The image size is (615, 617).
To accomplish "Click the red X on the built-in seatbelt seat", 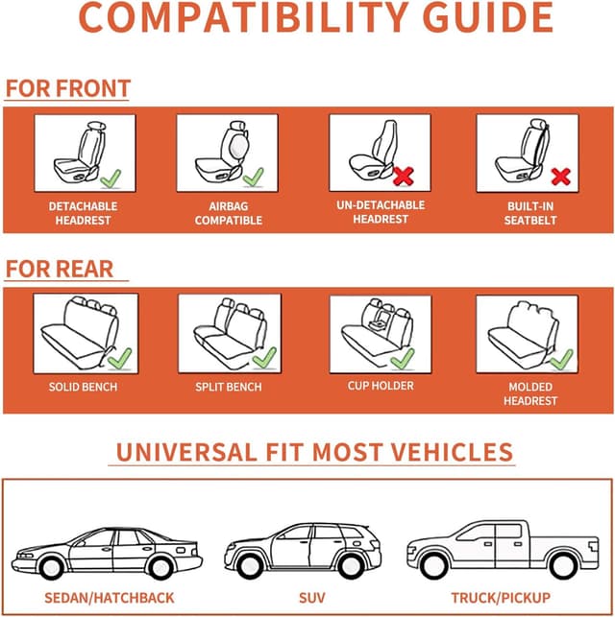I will pyautogui.click(x=560, y=177).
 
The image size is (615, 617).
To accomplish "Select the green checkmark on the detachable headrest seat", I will pyautogui.click(x=110, y=178).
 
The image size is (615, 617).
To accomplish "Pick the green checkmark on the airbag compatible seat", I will pyautogui.click(x=254, y=178).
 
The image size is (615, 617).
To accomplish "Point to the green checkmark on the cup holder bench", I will pyautogui.click(x=403, y=358).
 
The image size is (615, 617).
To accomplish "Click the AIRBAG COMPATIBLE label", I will pyautogui.click(x=229, y=213).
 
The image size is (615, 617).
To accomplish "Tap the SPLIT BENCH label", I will pyautogui.click(x=229, y=387).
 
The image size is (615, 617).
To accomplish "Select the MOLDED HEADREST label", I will pyautogui.click(x=529, y=393).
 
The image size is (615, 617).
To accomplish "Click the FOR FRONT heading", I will pyautogui.click(x=67, y=89).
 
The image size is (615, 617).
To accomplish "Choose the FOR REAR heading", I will pyautogui.click(x=60, y=269).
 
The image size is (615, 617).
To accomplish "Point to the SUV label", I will pyautogui.click(x=311, y=598).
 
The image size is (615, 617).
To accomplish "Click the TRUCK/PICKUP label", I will pyautogui.click(x=500, y=598).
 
